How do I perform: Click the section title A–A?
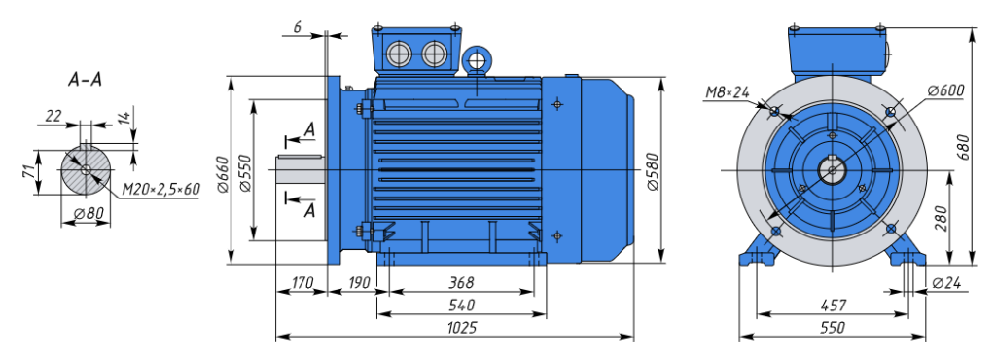pyautogui.click(x=85, y=80)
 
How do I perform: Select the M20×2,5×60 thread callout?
pyautogui.click(x=160, y=189)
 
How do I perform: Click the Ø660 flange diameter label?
pyautogui.click(x=223, y=173)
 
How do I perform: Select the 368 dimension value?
pyautogui.click(x=460, y=282)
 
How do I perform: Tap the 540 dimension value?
pyautogui.click(x=461, y=305)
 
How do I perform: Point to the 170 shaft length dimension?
pyautogui.click(x=301, y=282)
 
